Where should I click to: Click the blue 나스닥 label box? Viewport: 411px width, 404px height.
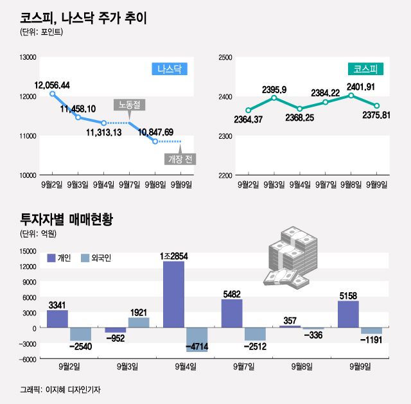pyautogui.click(x=170, y=69)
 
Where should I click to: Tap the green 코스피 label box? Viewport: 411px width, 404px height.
pyautogui.click(x=366, y=69)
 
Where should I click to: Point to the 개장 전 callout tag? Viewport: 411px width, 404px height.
pyautogui.click(x=182, y=159)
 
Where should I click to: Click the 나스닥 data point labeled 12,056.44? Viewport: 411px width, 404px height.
pyautogui.click(x=53, y=94)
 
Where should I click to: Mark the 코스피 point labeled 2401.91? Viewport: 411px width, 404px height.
pyautogui.click(x=351, y=96)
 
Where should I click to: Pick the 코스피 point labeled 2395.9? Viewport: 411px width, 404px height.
pyautogui.click(x=274, y=98)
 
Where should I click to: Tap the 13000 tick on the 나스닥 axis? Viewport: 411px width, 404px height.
pyautogui.click(x=27, y=58)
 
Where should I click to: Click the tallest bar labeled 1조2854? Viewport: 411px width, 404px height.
pyautogui.click(x=174, y=294)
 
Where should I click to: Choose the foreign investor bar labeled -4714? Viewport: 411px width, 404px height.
pyautogui.click(x=197, y=339)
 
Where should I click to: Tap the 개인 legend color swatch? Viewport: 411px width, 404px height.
pyautogui.click(x=51, y=258)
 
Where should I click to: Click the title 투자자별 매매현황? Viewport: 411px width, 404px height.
pyautogui.click(x=66, y=220)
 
